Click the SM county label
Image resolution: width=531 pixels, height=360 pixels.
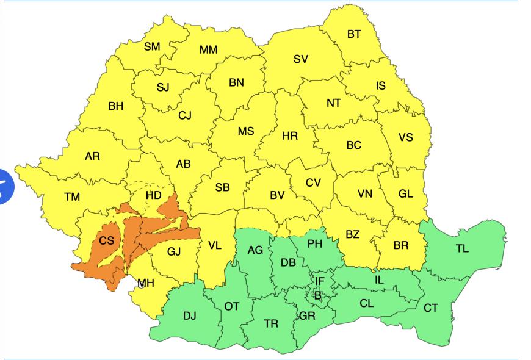coord(152,46)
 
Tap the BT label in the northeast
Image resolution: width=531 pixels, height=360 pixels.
coord(354,34)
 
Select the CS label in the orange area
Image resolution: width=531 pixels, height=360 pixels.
coord(107,240)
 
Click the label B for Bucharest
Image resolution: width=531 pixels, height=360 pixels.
coord(317,295)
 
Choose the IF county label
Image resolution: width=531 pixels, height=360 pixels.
coord(319,281)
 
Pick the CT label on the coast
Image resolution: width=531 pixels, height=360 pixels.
coord(431,308)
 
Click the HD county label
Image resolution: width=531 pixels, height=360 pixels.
coord(154,196)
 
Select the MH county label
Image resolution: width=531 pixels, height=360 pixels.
coord(146,283)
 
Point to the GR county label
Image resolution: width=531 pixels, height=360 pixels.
coord(307,316)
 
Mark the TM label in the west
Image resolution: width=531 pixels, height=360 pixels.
coord(73,196)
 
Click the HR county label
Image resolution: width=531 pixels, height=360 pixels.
coord(290,136)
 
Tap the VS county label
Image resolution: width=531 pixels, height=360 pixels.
coord(405,137)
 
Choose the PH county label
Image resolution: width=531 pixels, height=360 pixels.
coord(315,244)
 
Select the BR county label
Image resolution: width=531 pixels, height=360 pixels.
coord(401,245)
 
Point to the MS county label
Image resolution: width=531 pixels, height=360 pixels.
coord(246,132)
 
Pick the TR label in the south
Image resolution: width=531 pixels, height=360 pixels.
coord(271,324)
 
